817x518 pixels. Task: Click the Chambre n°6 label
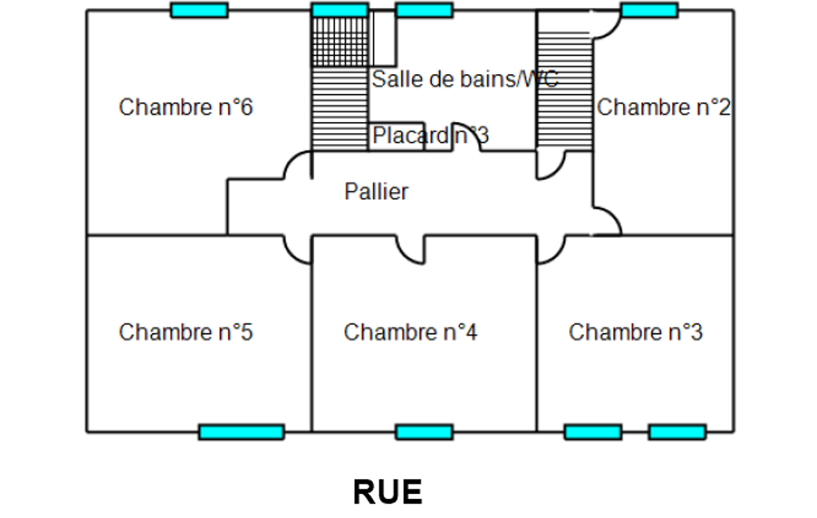[186, 107]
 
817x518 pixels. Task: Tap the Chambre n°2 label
[663, 107]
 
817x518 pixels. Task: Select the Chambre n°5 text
[186, 332]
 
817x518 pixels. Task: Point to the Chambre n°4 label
[410, 332]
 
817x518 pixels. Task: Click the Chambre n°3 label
[635, 332]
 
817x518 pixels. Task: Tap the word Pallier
[376, 191]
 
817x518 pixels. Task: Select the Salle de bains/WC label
[465, 79]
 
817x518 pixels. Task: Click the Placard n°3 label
[430, 136]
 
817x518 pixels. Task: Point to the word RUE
[387, 492]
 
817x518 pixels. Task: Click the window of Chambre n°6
[199, 10]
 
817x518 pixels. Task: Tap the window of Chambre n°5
[241, 432]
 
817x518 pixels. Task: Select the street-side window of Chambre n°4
[424, 432]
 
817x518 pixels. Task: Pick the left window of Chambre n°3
[592, 432]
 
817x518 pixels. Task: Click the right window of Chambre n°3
[677, 432]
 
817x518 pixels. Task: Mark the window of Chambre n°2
[649, 10]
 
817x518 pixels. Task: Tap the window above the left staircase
[340, 10]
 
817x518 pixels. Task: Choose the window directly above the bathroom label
[424, 10]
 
